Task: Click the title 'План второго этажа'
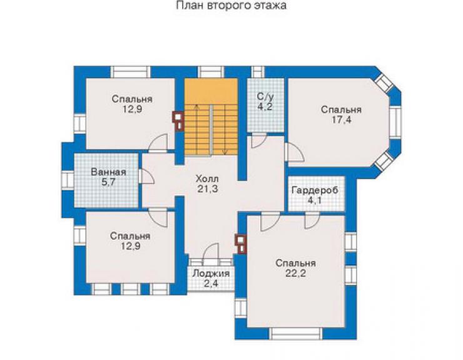[x=232, y=6]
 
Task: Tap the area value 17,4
[x=341, y=120]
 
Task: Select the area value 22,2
[x=295, y=274]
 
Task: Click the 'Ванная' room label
[x=109, y=172]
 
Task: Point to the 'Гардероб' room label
[x=315, y=190]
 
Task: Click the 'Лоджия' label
[x=211, y=274]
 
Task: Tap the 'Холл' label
[x=207, y=179]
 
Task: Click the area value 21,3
[x=208, y=189]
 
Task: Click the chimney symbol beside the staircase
[x=178, y=121]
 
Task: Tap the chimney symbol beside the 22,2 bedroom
[x=241, y=244]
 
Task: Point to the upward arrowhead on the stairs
[x=196, y=106]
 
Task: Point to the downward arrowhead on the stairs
[x=225, y=153]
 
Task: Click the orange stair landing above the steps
[x=211, y=91]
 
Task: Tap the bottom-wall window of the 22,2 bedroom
[x=297, y=334]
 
